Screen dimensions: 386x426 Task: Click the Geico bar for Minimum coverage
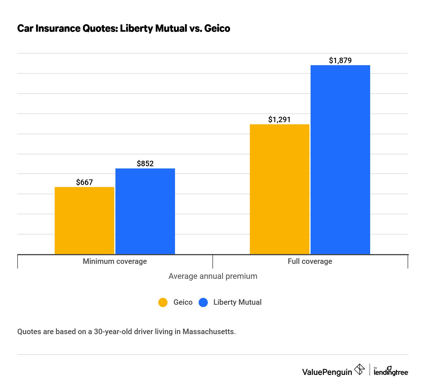84,221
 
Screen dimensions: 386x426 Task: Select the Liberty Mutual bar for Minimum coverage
145,211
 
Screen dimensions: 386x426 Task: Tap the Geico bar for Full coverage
279,189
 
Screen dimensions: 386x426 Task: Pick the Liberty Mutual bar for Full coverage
340,160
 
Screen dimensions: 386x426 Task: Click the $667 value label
84,182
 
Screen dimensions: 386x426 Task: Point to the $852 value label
145,164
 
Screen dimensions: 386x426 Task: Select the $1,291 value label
279,120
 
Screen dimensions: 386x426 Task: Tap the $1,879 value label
340,60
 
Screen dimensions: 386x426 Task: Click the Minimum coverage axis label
115,261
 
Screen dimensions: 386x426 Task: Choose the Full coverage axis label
310,261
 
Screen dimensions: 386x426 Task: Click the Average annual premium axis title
213,276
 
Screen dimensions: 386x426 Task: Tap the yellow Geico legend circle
163,302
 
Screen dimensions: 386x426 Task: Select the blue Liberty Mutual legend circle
203,302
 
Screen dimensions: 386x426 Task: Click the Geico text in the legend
183,302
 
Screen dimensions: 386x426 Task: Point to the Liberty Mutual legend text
237,302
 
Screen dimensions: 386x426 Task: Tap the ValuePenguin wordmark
327,372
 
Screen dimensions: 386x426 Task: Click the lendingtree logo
391,372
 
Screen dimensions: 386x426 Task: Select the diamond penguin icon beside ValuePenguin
359,370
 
